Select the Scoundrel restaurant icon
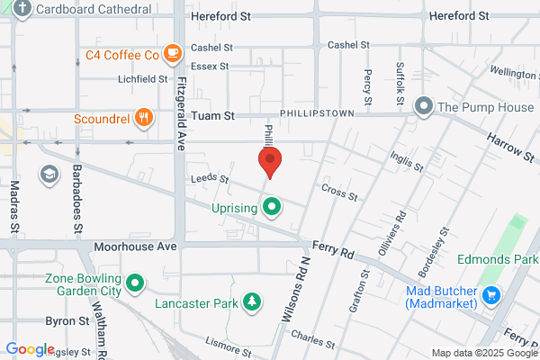pyautogui.click(x=142, y=117)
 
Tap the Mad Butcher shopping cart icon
pyautogui.click(x=490, y=294)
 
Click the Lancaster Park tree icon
pyautogui.click(x=255, y=303)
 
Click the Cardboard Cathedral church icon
pyautogui.click(x=22, y=10)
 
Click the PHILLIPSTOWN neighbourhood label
pyautogui.click(x=319, y=115)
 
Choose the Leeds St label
pyautogui.click(x=205, y=179)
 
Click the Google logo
pyautogui.click(x=30, y=349)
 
